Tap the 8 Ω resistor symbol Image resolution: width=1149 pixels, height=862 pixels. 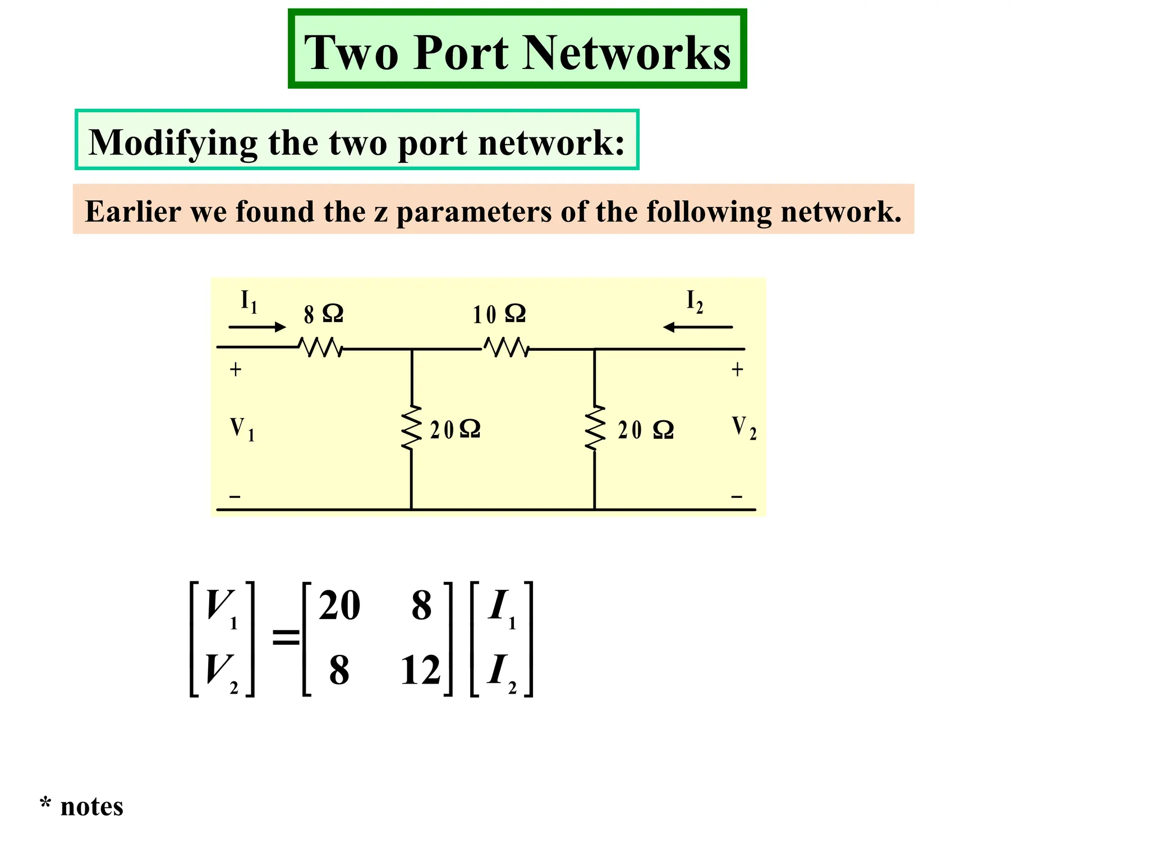320,348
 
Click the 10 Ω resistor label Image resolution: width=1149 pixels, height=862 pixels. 499,314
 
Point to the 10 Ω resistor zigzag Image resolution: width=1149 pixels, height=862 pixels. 506,348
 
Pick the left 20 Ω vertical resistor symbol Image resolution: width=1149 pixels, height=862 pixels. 412,428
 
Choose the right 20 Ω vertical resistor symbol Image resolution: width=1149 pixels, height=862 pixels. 595,428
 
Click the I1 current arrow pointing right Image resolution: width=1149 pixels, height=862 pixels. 257,327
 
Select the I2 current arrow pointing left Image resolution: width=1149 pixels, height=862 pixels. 697,327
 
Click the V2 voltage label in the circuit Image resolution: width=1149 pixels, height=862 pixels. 744,428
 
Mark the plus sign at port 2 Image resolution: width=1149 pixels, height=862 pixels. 737,370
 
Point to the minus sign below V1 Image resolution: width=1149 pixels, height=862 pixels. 235,497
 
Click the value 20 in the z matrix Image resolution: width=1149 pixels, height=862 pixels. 339,606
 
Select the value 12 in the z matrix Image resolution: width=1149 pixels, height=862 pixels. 420,671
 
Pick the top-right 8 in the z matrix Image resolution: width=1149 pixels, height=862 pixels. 421,606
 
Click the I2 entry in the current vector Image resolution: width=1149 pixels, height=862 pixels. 501,672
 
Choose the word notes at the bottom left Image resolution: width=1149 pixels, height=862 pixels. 91,807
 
